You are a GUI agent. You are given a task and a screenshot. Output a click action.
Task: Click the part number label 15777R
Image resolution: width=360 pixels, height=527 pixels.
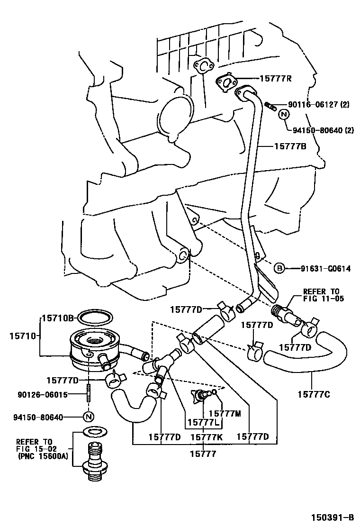(x=275, y=79)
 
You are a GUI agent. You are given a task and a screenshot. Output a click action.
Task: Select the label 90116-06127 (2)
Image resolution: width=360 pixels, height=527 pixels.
(x=318, y=105)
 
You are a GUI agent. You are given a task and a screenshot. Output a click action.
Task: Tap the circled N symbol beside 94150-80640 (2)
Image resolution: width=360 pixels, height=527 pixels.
(x=283, y=114)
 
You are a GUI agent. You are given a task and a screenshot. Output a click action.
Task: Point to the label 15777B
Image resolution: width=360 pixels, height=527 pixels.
(x=290, y=146)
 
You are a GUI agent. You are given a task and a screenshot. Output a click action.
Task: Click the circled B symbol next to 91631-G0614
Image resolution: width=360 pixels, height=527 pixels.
(x=279, y=269)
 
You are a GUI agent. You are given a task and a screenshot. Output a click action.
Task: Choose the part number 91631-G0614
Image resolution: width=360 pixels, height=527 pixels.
(x=325, y=269)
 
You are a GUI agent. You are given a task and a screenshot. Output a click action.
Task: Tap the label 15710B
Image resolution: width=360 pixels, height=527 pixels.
(x=59, y=318)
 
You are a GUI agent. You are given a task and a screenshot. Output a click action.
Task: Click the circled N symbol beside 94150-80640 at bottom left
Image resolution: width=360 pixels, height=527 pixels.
(x=88, y=417)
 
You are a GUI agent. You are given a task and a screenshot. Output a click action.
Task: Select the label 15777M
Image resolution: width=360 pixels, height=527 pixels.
(x=225, y=413)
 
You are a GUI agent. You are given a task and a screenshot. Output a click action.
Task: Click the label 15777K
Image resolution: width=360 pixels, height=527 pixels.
(x=207, y=436)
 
